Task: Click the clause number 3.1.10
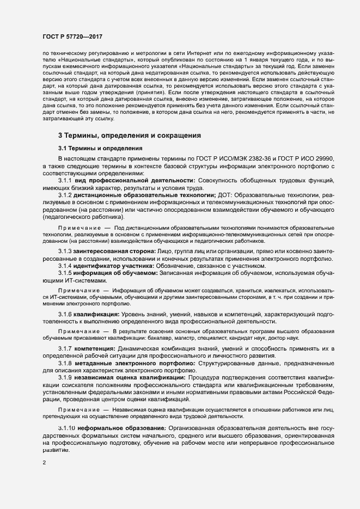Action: click(x=66, y=428)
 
